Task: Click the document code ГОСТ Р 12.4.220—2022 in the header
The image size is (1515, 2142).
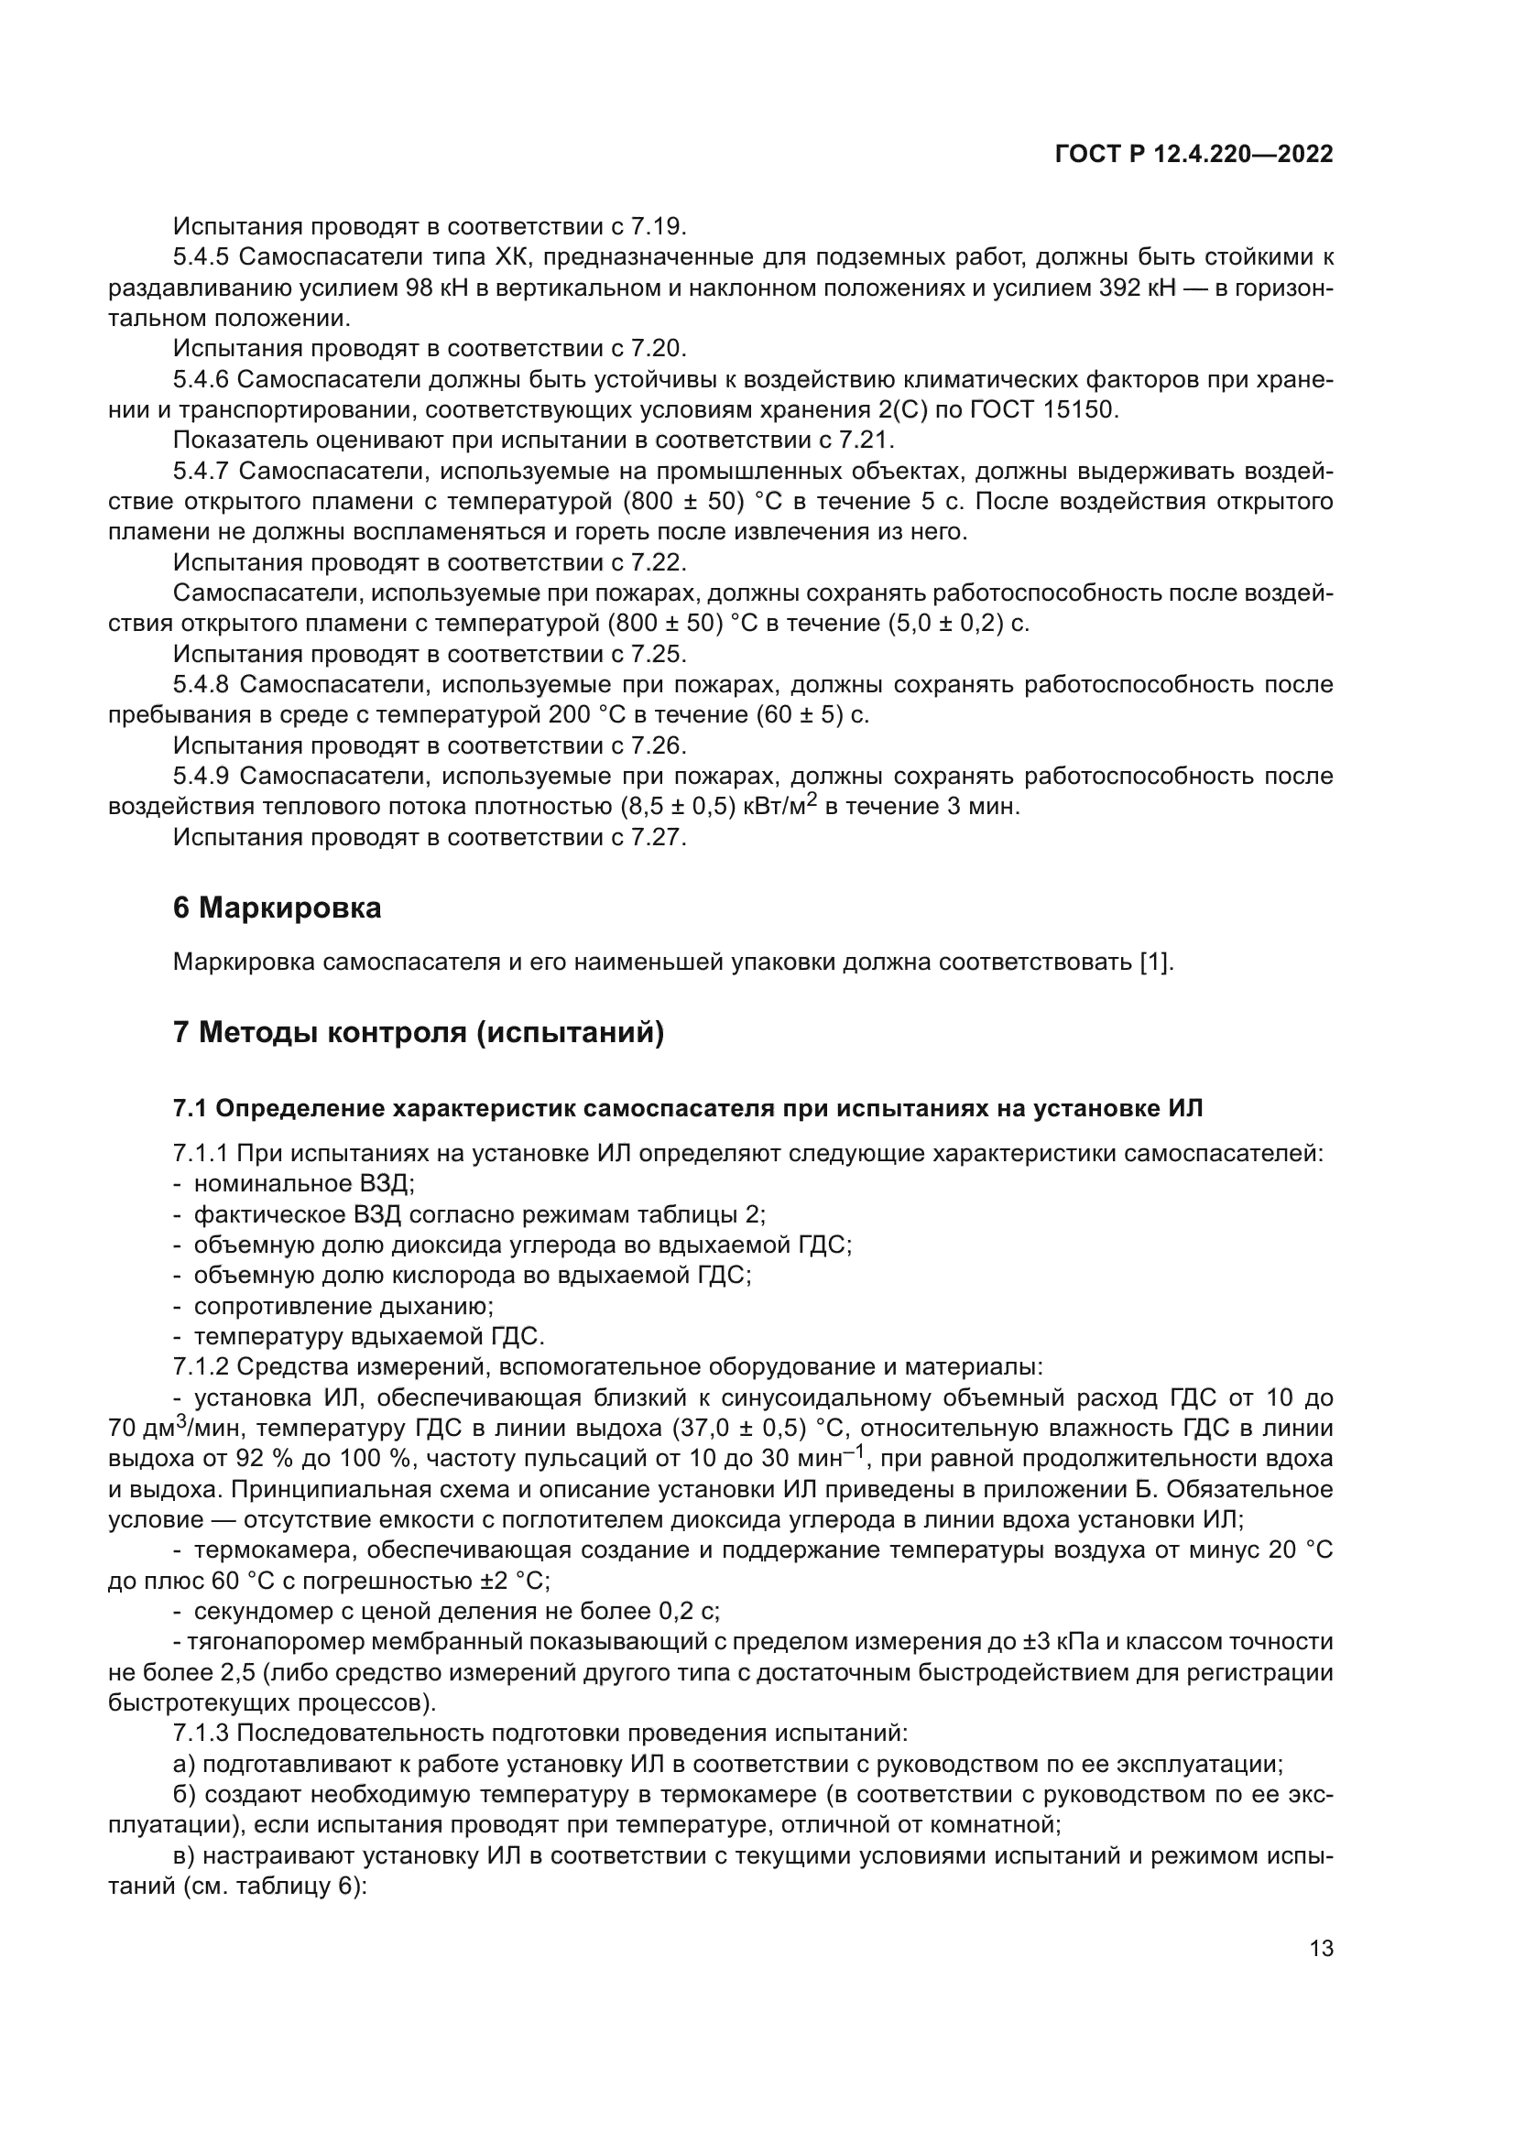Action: click(1193, 154)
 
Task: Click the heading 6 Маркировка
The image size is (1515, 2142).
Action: click(276, 908)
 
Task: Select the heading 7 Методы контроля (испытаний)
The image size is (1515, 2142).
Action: click(418, 1033)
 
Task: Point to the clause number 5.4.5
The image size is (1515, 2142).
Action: click(201, 256)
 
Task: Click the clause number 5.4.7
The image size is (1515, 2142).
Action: click(201, 471)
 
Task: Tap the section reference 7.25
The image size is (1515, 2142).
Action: click(658, 654)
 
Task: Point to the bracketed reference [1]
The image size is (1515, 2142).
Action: click(1156, 962)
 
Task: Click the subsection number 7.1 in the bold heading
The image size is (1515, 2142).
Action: click(191, 1108)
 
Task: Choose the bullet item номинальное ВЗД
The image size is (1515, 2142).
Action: click(303, 1184)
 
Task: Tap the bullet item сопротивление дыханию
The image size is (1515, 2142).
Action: click(343, 1306)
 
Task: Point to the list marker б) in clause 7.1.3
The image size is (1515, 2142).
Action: click(185, 1794)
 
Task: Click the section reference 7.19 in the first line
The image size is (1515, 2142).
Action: click(658, 227)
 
